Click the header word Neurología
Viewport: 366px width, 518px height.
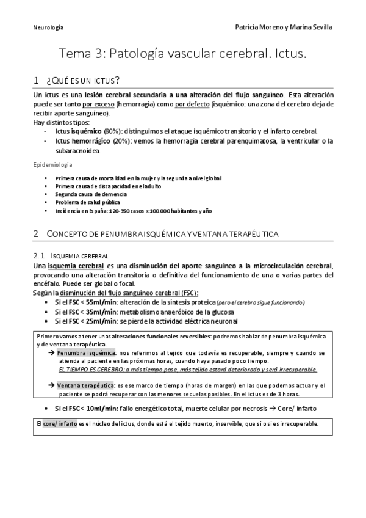click(48, 27)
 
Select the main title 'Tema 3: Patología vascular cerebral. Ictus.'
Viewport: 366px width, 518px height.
click(183, 54)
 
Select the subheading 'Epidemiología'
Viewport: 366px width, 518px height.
click(52, 165)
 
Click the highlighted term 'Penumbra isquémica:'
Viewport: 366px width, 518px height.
click(87, 353)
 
